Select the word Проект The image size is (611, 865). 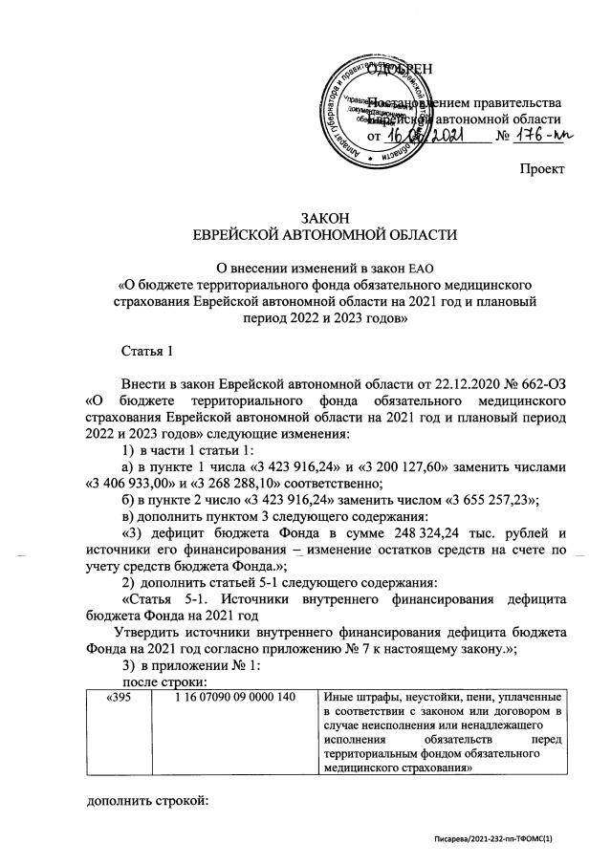point(541,169)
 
